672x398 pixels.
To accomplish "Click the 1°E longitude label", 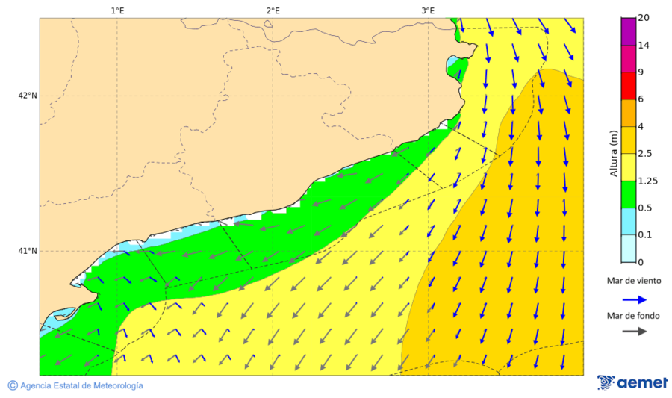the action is click(117, 10).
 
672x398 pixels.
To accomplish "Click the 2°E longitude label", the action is click(273, 10).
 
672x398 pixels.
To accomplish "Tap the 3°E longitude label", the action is click(428, 10).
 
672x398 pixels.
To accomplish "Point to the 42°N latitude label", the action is click(28, 96).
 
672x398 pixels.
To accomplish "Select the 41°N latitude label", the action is click(28, 251).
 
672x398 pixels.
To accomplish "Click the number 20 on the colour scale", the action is click(644, 18).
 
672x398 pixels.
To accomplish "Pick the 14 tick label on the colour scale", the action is click(644, 46).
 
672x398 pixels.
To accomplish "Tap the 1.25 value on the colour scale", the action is click(647, 181).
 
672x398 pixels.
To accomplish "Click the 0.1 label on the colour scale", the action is click(644, 235).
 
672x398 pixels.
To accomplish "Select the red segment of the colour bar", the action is click(628, 86).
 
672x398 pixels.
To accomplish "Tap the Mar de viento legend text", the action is click(634, 281).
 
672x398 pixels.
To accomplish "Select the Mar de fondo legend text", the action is click(634, 315).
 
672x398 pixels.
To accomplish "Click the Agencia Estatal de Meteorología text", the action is click(81, 385).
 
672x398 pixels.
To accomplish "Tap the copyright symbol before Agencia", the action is click(13, 385).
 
